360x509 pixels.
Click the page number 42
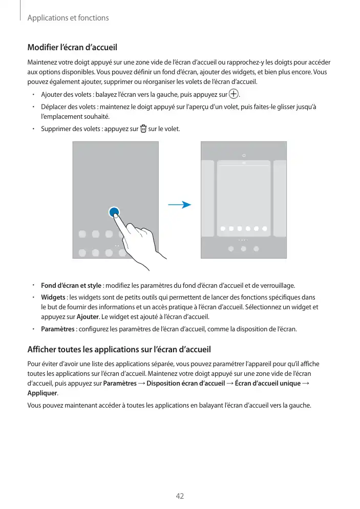(x=180, y=496)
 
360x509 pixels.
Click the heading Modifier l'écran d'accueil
(x=72, y=48)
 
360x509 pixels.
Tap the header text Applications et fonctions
(x=68, y=18)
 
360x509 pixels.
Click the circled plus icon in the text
(x=234, y=94)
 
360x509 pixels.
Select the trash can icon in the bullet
(x=143, y=128)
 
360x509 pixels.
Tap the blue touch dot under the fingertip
(x=114, y=213)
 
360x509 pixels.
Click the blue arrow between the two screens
(x=180, y=205)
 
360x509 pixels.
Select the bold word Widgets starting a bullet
(x=53, y=298)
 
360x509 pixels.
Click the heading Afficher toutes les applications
(x=118, y=350)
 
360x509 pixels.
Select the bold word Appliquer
(x=42, y=393)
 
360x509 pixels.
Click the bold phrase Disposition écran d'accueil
(x=185, y=384)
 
